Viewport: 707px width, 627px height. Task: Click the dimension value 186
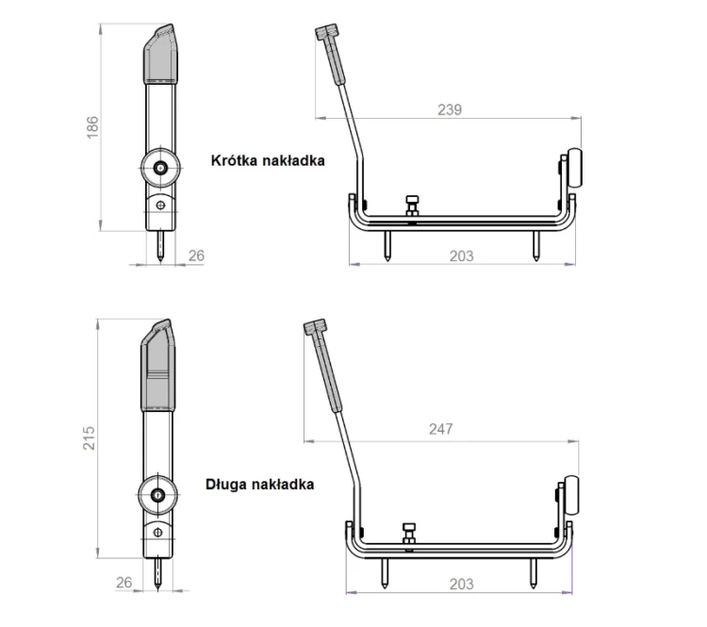click(92, 127)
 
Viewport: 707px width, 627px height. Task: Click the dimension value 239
click(450, 109)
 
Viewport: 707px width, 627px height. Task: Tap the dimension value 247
click(440, 429)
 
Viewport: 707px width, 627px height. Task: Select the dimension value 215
click(89, 437)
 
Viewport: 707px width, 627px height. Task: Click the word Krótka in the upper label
click(234, 160)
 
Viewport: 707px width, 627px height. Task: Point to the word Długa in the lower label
click(225, 485)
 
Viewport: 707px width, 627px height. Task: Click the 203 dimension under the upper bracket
click(461, 256)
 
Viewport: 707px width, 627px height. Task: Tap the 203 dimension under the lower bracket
click(461, 585)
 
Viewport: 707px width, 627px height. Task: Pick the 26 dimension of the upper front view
click(196, 256)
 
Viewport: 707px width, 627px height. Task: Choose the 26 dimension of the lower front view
click(124, 583)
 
